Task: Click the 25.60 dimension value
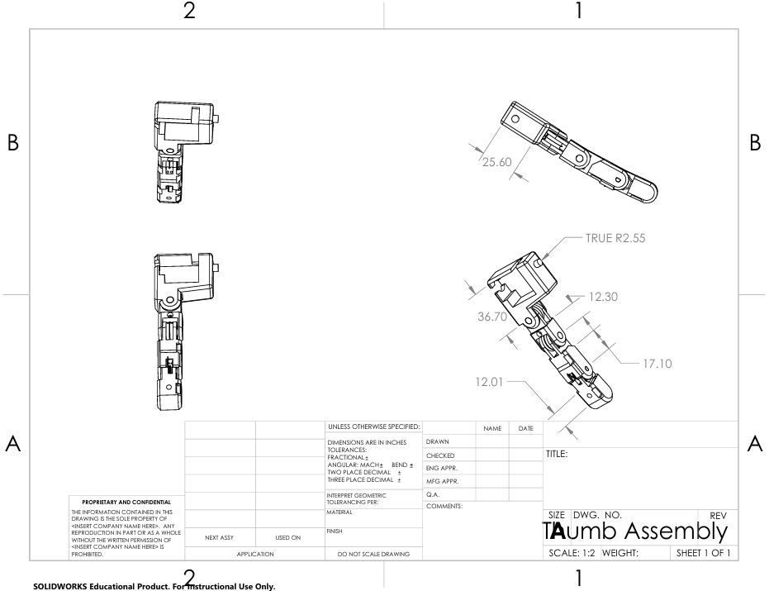pos(496,160)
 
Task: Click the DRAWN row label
pos(438,442)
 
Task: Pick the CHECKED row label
pos(440,455)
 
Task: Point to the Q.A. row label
pos(434,493)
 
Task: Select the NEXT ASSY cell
pos(221,537)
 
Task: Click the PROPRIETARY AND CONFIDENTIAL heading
pos(127,502)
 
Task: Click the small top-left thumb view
pos(184,153)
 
